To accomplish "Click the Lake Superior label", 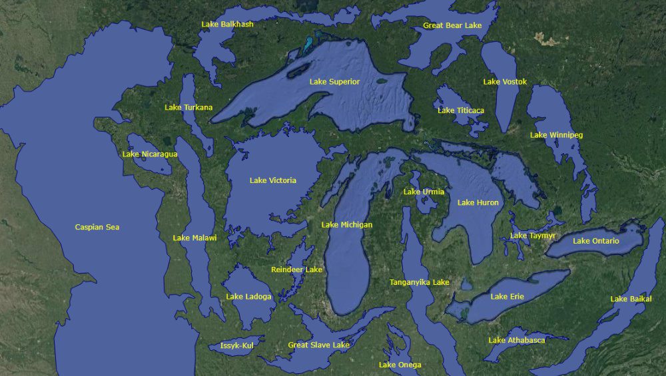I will (334, 82).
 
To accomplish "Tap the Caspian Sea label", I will (97, 228).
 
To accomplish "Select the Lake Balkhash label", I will (227, 25).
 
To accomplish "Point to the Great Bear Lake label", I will (452, 25).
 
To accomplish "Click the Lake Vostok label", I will (505, 82).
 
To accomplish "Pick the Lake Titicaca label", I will (461, 110).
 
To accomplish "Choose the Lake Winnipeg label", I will (556, 135).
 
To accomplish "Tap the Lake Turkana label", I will (188, 107).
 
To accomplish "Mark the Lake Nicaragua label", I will (150, 154).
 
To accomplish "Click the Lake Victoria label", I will (273, 180).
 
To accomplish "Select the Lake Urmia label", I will (424, 192).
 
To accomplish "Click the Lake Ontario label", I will (596, 241).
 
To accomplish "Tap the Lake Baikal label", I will (631, 299).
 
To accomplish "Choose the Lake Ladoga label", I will (248, 297).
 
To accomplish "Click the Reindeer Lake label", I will (296, 270).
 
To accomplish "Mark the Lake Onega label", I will (400, 365).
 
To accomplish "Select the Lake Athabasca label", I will (516, 340).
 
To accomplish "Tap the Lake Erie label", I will (507, 297).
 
